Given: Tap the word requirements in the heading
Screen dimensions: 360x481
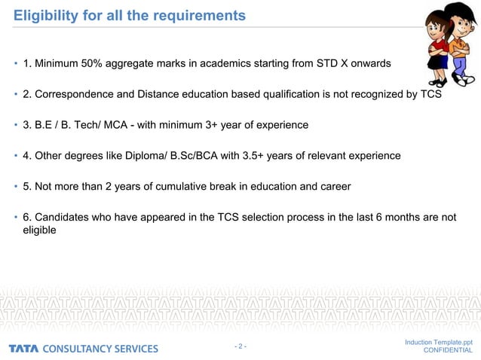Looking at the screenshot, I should pos(203,15).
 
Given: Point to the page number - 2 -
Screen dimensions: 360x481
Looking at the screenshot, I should pos(240,346).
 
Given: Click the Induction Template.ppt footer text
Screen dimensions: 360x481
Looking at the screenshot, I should pos(439,343).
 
